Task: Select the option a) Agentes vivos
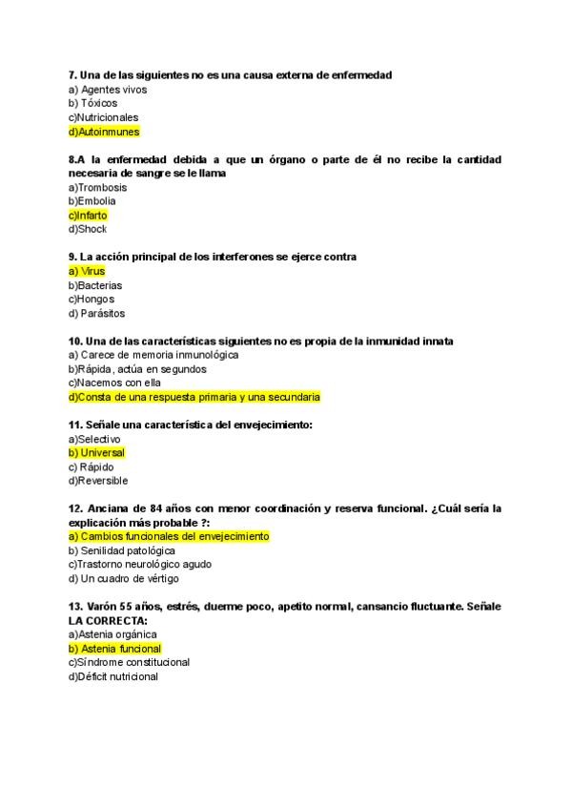[107, 90]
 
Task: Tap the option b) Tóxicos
[93, 103]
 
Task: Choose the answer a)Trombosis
[97, 187]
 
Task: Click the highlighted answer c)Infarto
[88, 216]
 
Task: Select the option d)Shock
[88, 229]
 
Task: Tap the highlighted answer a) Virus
[87, 271]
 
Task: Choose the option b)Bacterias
[95, 285]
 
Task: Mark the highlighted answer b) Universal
[96, 453]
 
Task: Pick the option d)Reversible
[98, 481]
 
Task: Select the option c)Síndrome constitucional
[129, 662]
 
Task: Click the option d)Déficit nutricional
[113, 676]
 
